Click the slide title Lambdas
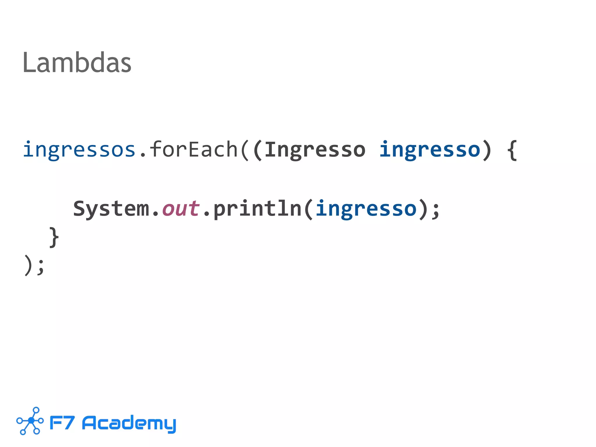[x=77, y=62]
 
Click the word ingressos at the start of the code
[x=79, y=150]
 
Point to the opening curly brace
[x=512, y=150]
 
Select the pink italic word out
[x=181, y=209]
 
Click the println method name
[x=258, y=209]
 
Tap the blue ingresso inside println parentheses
[x=366, y=209]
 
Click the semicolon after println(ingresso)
[x=436, y=210]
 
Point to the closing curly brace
[x=54, y=237]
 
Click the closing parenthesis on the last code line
[x=28, y=265]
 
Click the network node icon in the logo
[x=30, y=421]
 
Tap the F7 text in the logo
[x=62, y=423]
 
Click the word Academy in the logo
[x=129, y=423]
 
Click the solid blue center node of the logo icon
[x=31, y=421]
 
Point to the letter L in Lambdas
[x=28, y=62]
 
